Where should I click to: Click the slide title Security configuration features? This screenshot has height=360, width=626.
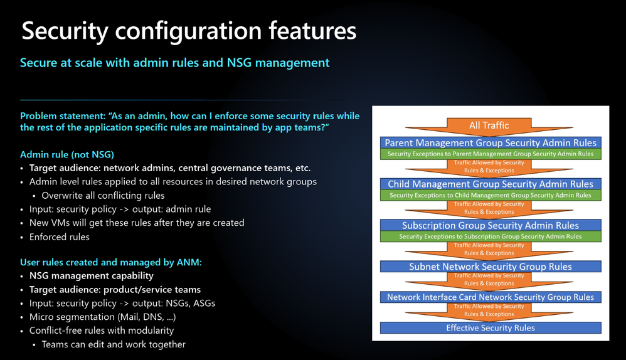pos(189,31)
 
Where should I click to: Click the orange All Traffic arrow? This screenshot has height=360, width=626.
pos(489,127)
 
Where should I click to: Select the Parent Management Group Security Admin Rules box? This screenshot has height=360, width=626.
pos(491,143)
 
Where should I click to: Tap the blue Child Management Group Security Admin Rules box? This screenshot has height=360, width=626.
pos(491,184)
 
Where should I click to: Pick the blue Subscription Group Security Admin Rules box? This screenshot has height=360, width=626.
pos(491,226)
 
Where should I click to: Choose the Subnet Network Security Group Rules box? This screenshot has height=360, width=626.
pos(491,267)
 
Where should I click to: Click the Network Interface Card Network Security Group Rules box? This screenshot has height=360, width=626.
pos(491,297)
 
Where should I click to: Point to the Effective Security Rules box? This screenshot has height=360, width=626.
pos(491,327)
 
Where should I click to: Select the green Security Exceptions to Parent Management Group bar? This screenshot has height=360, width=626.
pos(491,154)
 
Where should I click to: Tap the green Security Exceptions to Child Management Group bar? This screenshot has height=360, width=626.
pos(491,195)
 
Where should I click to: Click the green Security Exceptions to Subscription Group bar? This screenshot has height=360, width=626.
pos(491,236)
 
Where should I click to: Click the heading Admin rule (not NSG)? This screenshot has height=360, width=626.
pos(67,155)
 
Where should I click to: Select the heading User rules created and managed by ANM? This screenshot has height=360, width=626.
pos(111,262)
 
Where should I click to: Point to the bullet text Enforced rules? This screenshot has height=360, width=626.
pos(60,237)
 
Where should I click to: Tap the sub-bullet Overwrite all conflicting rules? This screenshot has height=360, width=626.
pos(103,196)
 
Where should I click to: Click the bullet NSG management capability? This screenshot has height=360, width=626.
pos(92,276)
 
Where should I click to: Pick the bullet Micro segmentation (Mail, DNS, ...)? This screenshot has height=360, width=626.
pos(103,317)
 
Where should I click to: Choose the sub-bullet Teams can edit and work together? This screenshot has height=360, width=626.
pos(114,344)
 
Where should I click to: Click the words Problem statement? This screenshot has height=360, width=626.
pos(63,116)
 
